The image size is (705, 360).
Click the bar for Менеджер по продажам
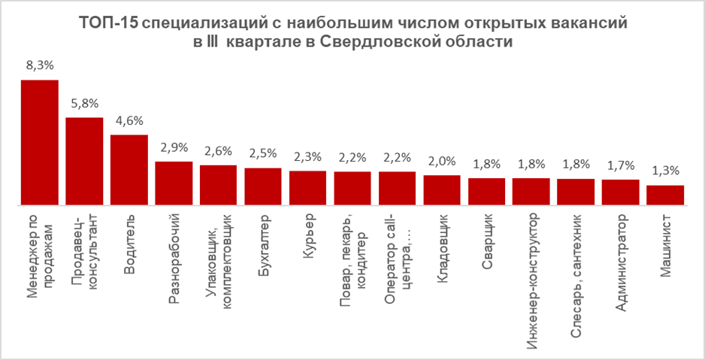pyautogui.click(x=39, y=142)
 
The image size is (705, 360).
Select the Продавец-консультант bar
pyautogui.click(x=84, y=161)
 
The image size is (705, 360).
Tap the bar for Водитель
pyautogui.click(x=129, y=170)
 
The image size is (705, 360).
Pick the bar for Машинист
pyautogui.click(x=665, y=195)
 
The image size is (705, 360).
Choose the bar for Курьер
pyautogui.click(x=307, y=187)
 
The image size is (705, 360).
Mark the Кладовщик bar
pyautogui.click(x=442, y=189)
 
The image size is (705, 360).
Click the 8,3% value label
pyautogui.click(x=39, y=66)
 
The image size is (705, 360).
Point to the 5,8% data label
pyautogui.click(x=84, y=104)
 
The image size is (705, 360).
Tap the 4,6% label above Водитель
pyautogui.click(x=129, y=121)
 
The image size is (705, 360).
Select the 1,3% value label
pyautogui.click(x=665, y=171)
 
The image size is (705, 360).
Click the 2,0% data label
pyautogui.click(x=442, y=161)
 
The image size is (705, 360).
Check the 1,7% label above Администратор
pyautogui.click(x=621, y=166)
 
